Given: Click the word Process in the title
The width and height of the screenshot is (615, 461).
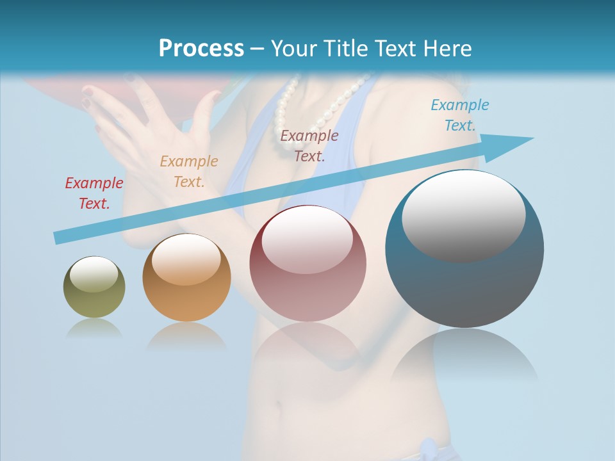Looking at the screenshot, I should [201, 49].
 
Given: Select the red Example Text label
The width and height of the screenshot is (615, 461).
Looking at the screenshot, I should [94, 193].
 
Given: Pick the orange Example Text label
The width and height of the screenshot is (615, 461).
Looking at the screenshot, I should [189, 171].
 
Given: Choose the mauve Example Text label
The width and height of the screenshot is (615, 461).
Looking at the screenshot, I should [309, 145].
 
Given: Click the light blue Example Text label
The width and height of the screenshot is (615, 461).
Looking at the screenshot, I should [460, 115].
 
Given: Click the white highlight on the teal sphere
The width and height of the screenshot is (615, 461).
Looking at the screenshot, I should [464, 214].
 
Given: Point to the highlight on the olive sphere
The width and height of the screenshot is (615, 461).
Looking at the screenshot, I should [94, 274].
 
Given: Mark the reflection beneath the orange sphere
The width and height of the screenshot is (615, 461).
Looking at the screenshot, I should [186, 336].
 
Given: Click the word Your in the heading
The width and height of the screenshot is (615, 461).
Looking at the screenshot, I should [293, 49].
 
